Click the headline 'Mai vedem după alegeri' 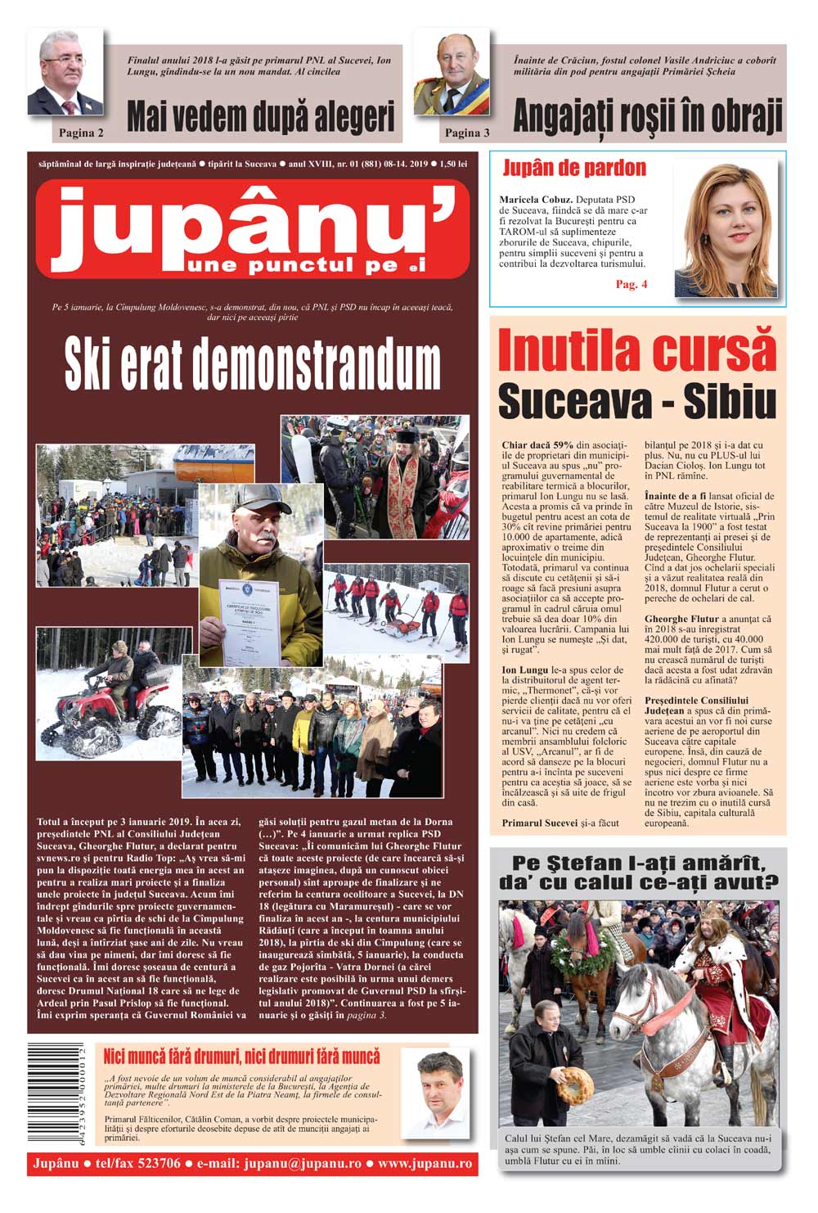261,116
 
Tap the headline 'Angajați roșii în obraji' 647,116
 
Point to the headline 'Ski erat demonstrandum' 253,365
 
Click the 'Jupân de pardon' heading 573,169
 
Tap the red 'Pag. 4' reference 631,284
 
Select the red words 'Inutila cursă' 636,351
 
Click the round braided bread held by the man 575,1085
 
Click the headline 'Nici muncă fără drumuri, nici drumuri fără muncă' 241,1056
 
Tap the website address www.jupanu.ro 424,1163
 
